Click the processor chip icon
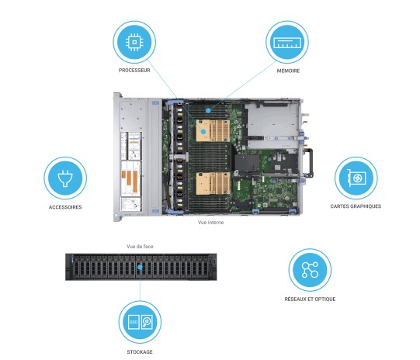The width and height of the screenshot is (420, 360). pyautogui.click(x=134, y=42)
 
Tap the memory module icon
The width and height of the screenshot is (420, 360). pyautogui.click(x=287, y=43)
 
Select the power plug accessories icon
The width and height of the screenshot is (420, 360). pyautogui.click(x=65, y=178)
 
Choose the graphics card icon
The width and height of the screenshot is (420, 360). pyautogui.click(x=356, y=178)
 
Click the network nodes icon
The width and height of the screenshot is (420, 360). pyautogui.click(x=310, y=270)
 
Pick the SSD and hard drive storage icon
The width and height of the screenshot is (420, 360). pyautogui.click(x=140, y=322)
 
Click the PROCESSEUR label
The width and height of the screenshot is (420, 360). pyautogui.click(x=134, y=71)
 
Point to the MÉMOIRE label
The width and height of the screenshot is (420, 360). pyautogui.click(x=288, y=71)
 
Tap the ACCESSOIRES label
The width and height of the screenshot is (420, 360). pyautogui.click(x=65, y=207)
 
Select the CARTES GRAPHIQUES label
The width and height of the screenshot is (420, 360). pyautogui.click(x=356, y=206)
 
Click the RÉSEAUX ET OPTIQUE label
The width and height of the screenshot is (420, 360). pyautogui.click(x=310, y=299)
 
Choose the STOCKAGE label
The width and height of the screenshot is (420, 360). pyautogui.click(x=140, y=352)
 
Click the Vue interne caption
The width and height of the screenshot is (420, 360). pyautogui.click(x=211, y=222)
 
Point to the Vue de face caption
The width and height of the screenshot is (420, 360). pyautogui.click(x=140, y=246)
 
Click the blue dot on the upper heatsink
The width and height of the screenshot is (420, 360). pyautogui.click(x=203, y=131)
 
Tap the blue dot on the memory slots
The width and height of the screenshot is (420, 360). pyautogui.click(x=208, y=109)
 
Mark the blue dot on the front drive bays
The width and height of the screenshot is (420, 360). pyautogui.click(x=140, y=267)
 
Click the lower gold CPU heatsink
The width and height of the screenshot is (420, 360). pyautogui.click(x=213, y=183)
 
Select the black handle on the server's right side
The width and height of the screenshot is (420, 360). pyautogui.click(x=309, y=163)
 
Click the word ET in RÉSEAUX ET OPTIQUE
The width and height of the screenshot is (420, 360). pyautogui.click(x=310, y=299)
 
